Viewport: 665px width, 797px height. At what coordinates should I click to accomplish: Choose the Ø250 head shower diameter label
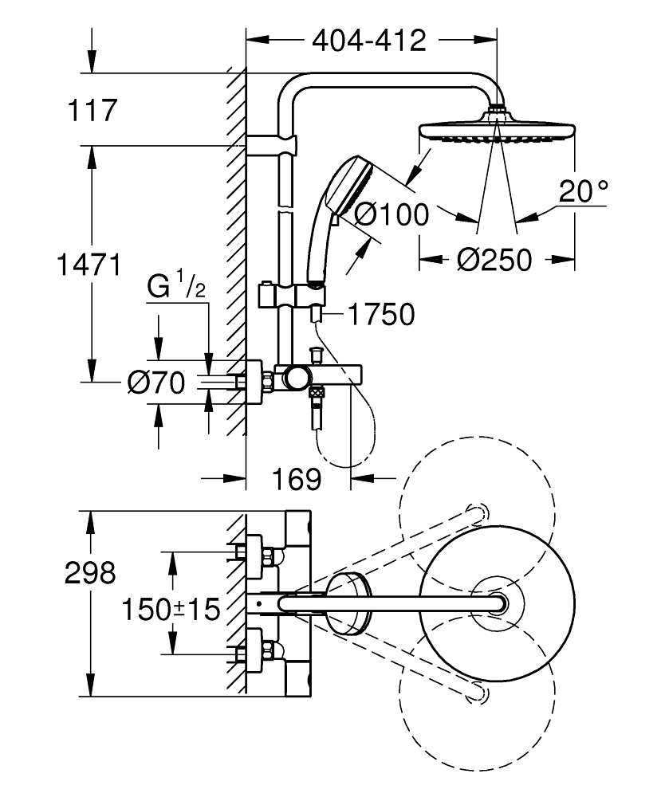point(495,259)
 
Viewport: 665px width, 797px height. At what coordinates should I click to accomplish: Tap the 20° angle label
point(605,191)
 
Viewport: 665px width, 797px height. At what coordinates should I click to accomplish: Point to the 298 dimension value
point(89,573)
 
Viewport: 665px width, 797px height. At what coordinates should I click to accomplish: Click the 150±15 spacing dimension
point(171,611)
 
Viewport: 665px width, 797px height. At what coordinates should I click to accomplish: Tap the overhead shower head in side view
point(496,131)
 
